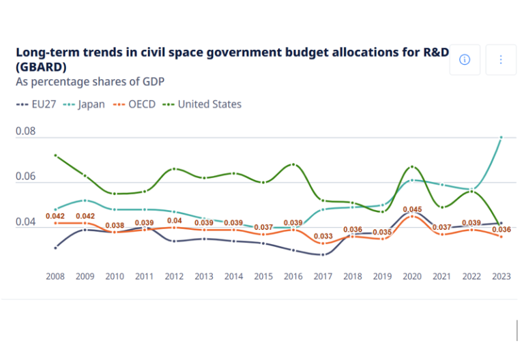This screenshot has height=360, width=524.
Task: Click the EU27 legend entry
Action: pos(35,104)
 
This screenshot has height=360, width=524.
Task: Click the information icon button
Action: pos(465,60)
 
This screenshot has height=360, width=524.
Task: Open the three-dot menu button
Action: pos(501,60)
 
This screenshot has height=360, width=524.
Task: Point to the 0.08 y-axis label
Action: pos(25,130)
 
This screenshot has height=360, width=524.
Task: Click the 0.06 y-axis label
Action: pos(25,176)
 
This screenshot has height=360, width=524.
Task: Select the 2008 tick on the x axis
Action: pos(56,276)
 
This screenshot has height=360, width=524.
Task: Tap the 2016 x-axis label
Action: pos(293,276)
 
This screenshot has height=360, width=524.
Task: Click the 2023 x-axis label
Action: pos(501,276)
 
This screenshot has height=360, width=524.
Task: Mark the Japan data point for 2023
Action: pos(501,137)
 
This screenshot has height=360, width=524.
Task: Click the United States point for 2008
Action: pos(56,155)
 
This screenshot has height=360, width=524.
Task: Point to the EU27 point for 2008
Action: pos(56,247)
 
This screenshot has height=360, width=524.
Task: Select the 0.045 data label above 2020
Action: pos(412,209)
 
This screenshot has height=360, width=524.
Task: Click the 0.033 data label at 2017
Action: pos(323,237)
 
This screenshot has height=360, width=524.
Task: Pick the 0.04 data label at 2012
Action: pos(175,221)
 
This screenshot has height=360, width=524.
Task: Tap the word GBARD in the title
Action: pos(41,67)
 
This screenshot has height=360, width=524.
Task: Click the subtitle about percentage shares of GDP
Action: pos(90,82)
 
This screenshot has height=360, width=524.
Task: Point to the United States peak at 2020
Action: pos(412,166)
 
